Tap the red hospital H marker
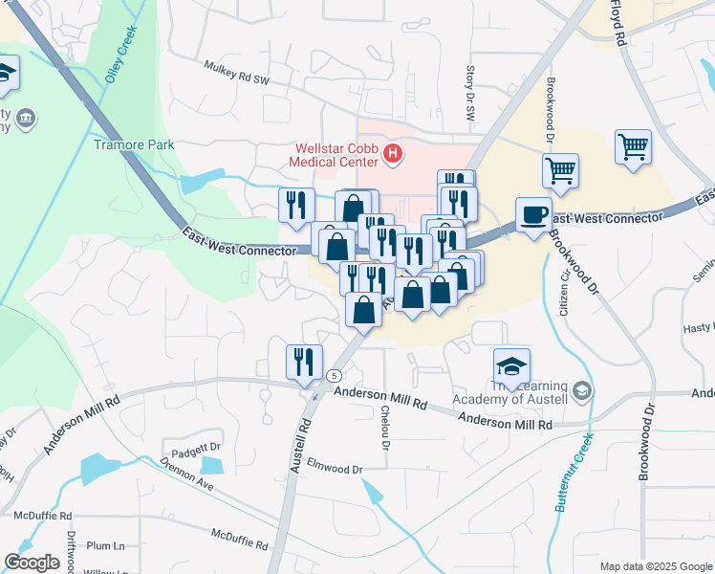[x=390, y=153]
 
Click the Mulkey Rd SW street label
[x=237, y=73]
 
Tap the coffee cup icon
[x=533, y=213]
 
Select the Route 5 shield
[x=335, y=376]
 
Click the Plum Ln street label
[x=105, y=546]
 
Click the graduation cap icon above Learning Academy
[x=511, y=364]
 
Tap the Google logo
[x=32, y=563]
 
